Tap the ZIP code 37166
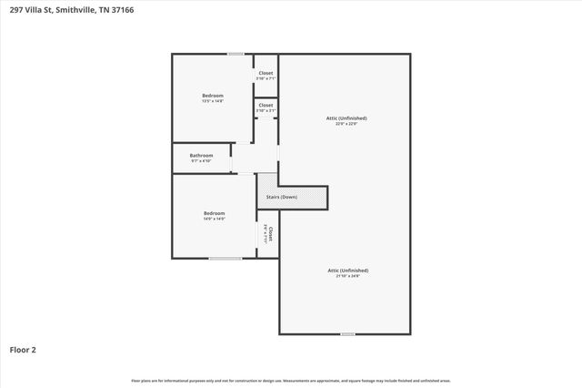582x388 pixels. (x=121, y=8)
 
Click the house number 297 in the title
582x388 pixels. (x=15, y=8)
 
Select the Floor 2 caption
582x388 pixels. (x=23, y=349)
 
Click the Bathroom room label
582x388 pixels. (x=201, y=156)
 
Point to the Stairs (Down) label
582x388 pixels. (x=281, y=197)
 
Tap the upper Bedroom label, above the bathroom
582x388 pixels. (x=213, y=96)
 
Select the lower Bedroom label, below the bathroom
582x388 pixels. (x=215, y=213)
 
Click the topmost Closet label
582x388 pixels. (x=266, y=73)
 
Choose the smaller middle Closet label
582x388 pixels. (x=266, y=105)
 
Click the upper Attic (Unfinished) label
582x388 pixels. (x=346, y=118)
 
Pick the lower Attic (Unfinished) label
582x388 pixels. (x=348, y=271)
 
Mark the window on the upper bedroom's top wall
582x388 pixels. (x=236, y=54)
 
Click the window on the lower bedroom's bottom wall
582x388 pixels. (x=226, y=259)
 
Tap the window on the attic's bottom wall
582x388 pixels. (x=347, y=334)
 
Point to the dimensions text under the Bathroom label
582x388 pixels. (x=201, y=161)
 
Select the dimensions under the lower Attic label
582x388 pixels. (x=348, y=276)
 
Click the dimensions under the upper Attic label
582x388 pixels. (x=346, y=124)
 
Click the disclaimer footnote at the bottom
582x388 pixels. (x=291, y=380)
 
